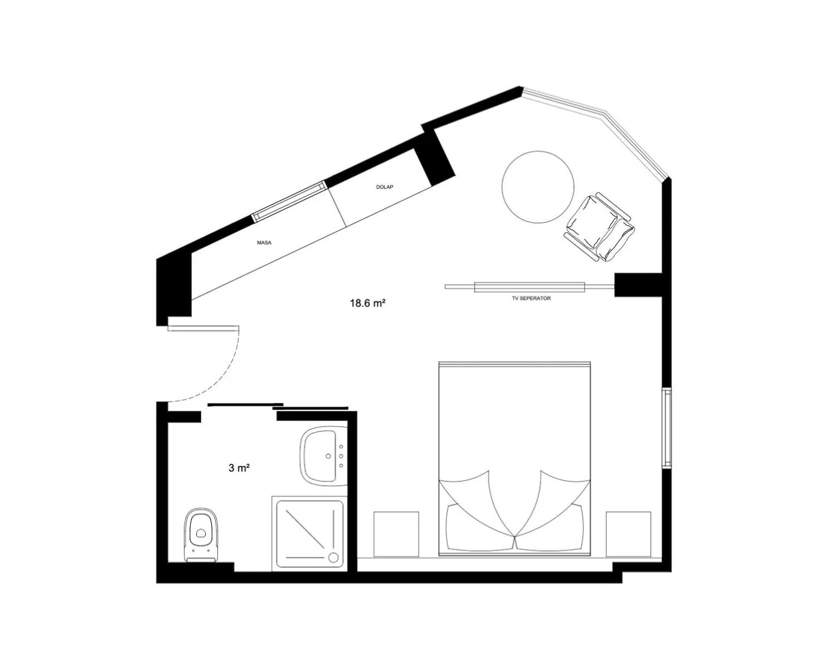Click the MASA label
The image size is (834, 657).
pos(264,243)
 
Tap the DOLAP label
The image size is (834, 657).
pos(385,187)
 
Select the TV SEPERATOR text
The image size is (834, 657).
pos(531,298)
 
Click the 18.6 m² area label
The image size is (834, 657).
pos(367,303)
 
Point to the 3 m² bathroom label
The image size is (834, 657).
pos(239,468)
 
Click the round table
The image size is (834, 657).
pos(538,187)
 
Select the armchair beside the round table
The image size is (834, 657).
pos(599,227)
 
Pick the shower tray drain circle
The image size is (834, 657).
pos(333,557)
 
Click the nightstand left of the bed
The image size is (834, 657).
pos(396,535)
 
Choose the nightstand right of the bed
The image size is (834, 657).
pos(628,535)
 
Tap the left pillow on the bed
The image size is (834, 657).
pos(479,527)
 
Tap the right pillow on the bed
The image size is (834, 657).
pos(549,527)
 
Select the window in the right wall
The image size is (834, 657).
pos(667,428)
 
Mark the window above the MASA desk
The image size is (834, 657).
pos(289,202)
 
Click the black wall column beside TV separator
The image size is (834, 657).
pos(638,285)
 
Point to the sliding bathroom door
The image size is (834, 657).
pos(278,406)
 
